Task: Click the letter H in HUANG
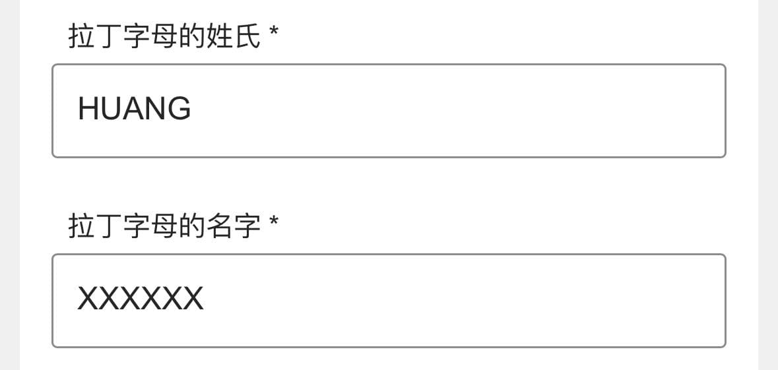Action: click(x=87, y=109)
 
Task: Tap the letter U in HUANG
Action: click(x=111, y=109)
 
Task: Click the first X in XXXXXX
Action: click(x=88, y=299)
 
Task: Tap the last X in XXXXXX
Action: click(x=193, y=299)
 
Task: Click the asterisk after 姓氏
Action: click(x=273, y=32)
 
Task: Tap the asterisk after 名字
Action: click(x=273, y=222)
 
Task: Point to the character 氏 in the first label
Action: click(x=247, y=36)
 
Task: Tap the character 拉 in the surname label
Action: click(x=81, y=36)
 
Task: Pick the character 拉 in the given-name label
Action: click(x=81, y=226)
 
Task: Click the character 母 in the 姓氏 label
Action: click(x=164, y=36)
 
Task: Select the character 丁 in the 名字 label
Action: click(x=109, y=226)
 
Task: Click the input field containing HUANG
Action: click(x=389, y=111)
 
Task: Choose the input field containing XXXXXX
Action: click(x=389, y=301)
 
